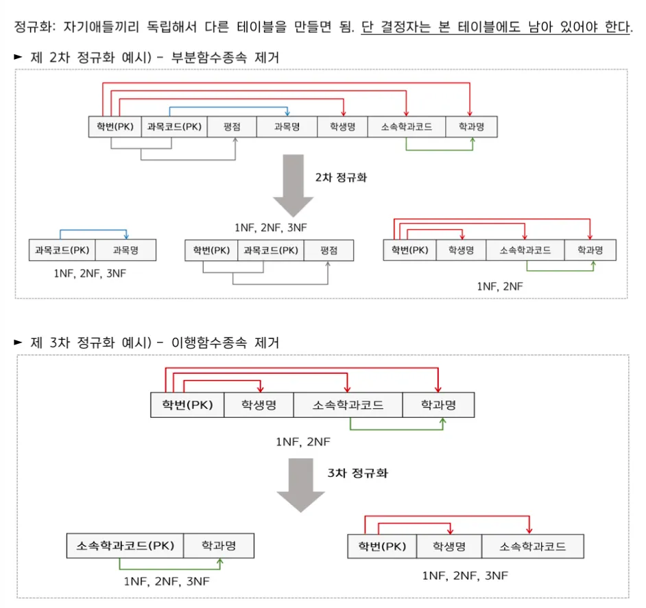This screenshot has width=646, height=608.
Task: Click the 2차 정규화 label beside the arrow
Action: coord(341,177)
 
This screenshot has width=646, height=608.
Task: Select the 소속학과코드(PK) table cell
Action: coord(125,546)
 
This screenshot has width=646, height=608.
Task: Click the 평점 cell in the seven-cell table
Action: coord(232,127)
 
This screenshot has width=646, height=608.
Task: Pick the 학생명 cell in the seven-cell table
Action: coord(342,127)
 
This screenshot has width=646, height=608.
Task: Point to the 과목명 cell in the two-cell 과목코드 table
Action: coord(125,250)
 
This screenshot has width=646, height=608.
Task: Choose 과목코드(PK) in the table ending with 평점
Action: coord(271,250)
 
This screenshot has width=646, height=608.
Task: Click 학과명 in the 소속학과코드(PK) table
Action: coord(219,546)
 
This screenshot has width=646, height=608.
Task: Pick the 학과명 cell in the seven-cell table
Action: coord(471,127)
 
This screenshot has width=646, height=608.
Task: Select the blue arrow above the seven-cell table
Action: coord(229,108)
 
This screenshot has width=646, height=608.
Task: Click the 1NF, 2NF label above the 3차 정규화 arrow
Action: coord(303,442)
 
